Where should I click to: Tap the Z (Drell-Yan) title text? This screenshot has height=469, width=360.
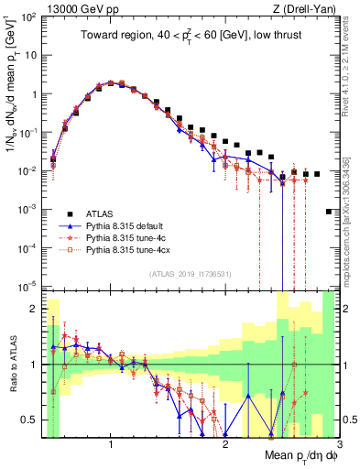click(x=310, y=9)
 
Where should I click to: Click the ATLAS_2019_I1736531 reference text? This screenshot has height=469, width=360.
click(x=190, y=274)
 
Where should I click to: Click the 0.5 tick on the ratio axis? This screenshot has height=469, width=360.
click(x=28, y=420)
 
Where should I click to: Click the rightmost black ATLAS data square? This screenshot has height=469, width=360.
click(x=329, y=212)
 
